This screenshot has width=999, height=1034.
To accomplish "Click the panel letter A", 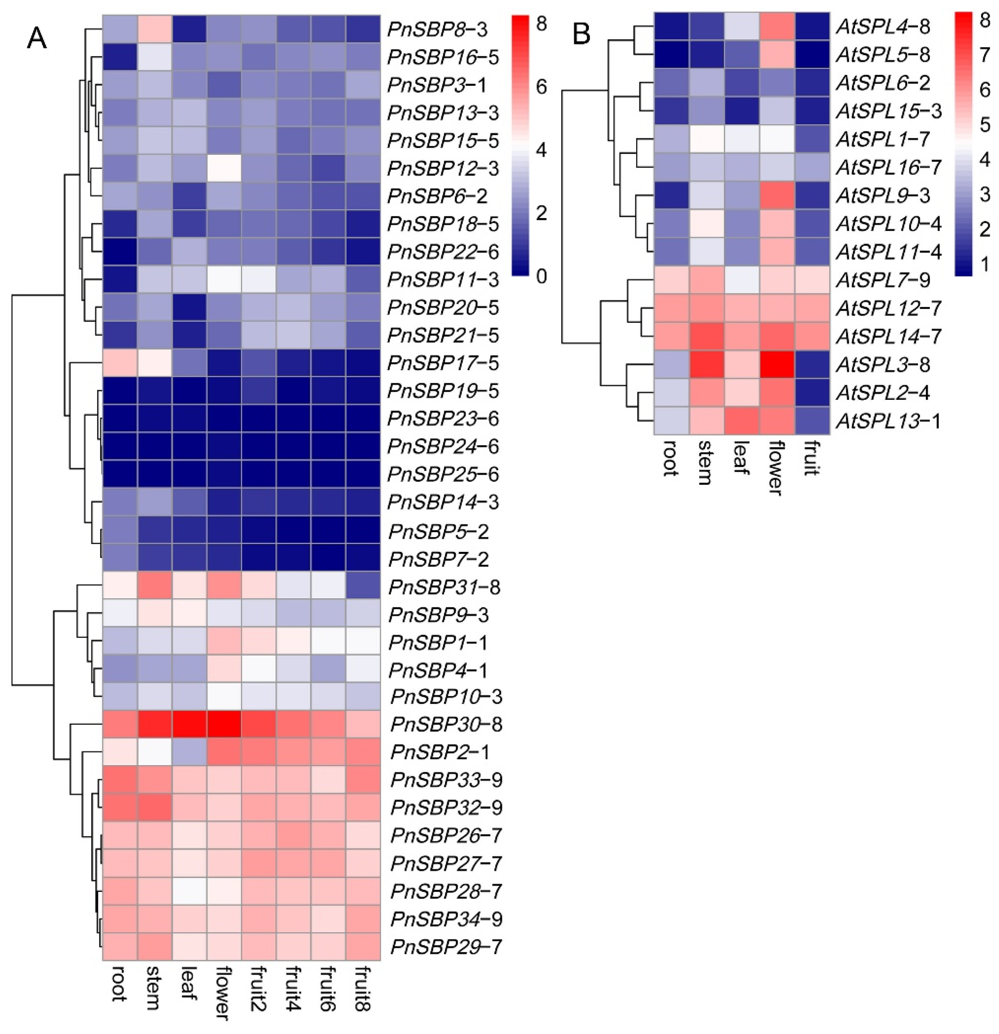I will tap(37, 38).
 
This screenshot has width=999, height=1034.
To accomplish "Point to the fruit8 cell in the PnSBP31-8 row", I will tap(363, 586).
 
